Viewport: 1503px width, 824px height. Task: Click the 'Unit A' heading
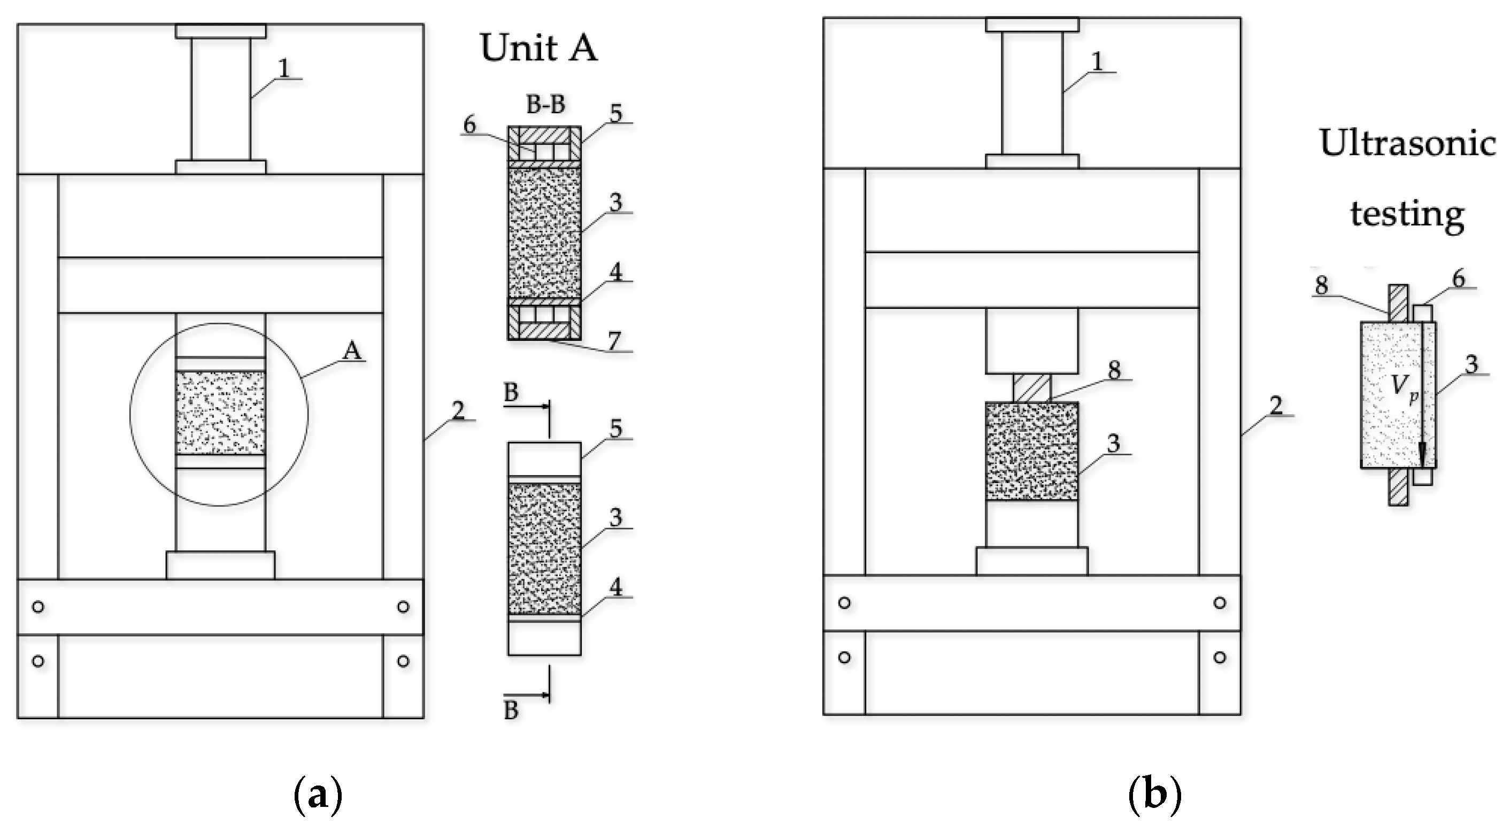coord(538,48)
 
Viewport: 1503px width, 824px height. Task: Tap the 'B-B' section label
coord(545,105)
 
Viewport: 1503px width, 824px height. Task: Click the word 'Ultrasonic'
coord(1408,143)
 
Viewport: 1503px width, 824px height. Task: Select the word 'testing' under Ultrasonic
coord(1407,214)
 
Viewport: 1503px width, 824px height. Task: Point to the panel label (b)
coord(1155,794)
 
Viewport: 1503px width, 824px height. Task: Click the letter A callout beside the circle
coord(352,351)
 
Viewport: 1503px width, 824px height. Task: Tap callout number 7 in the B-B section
coord(614,340)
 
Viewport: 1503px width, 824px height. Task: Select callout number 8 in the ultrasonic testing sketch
coord(1322,285)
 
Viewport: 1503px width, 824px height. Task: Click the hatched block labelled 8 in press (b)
coord(1031,388)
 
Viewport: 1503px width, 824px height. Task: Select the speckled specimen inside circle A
coord(220,413)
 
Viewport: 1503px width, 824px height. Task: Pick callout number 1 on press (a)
coord(284,69)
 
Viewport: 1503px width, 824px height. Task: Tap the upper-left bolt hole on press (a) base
coord(38,607)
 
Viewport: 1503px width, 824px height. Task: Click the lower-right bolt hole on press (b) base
coord(1219,657)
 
